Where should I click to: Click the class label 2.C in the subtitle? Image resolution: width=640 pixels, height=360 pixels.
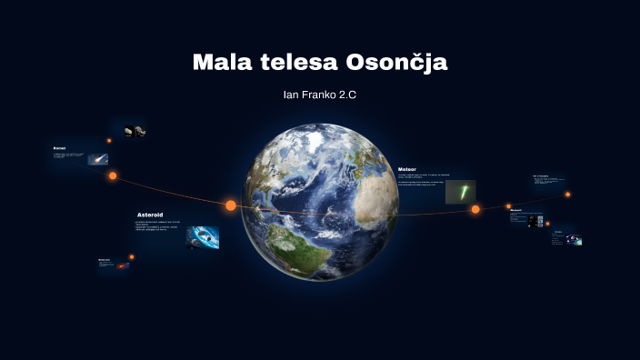[x=346, y=95]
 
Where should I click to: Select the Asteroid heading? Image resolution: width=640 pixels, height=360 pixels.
[x=150, y=215]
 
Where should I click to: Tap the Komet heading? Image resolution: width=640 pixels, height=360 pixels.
[x=59, y=147]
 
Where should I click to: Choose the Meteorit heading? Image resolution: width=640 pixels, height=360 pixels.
[x=515, y=210]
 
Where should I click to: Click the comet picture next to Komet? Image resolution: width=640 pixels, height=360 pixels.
[x=97, y=159]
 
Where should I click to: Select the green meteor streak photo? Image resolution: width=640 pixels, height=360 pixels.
[x=460, y=191]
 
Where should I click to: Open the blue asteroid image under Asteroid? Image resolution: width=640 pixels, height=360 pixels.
[x=202, y=237]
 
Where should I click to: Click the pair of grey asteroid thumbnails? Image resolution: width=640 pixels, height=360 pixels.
[x=135, y=131]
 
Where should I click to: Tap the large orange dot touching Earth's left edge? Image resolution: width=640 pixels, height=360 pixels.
[x=231, y=205]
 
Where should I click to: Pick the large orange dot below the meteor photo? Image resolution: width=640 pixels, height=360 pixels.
[x=475, y=209]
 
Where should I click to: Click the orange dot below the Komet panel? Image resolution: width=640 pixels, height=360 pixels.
[x=113, y=175]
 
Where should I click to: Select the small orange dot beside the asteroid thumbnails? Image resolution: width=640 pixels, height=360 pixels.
[x=109, y=140]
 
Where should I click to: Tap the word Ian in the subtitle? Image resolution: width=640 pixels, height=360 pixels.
[x=290, y=95]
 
